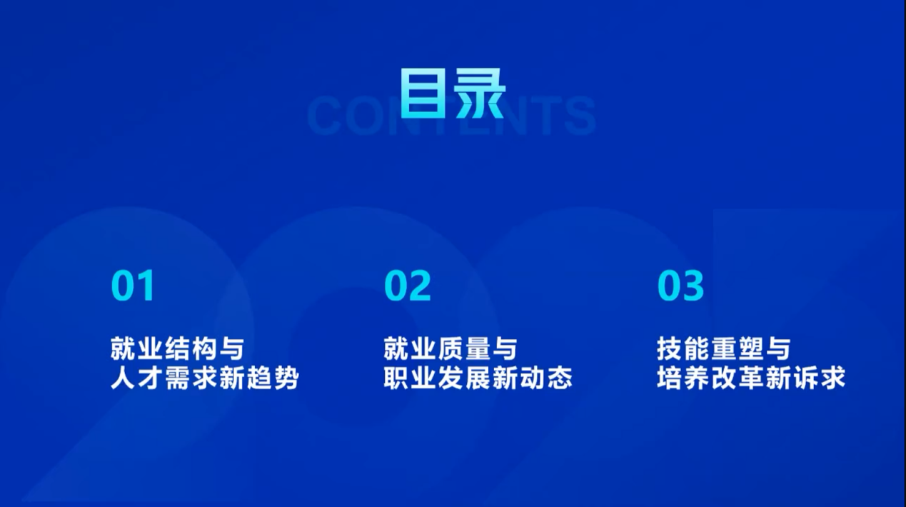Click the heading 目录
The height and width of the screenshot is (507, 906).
pos(453,93)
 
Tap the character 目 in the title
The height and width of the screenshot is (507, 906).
pos(423,93)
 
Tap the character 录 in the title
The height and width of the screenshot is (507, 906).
pos(480,93)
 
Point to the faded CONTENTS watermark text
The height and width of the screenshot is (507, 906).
pos(451,116)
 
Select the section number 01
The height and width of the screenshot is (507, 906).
pos(133,286)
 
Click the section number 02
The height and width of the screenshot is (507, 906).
pos(407,286)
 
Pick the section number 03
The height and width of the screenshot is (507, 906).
pos(680,286)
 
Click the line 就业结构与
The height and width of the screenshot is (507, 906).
pos(177,348)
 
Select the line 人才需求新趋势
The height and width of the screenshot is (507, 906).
pos(204,378)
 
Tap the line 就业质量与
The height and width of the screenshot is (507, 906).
pos(451,348)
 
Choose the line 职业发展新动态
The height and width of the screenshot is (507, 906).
pos(478,378)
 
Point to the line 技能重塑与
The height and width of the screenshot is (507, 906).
pos(724,348)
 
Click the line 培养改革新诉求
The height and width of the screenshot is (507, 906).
pos(751,378)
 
